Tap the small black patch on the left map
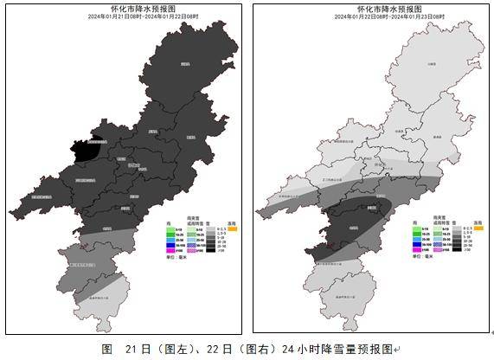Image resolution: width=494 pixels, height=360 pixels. coord(84,152)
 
